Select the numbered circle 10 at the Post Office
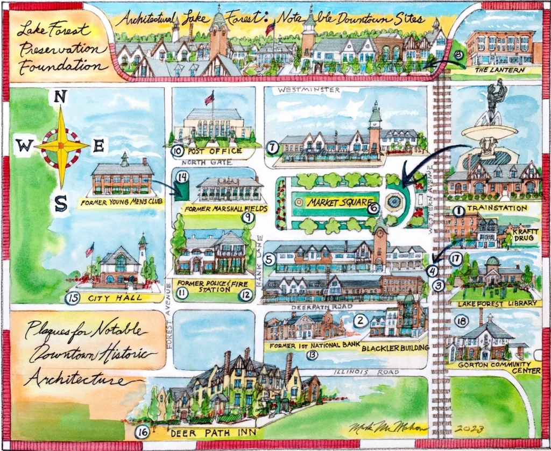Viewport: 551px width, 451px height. (178, 152)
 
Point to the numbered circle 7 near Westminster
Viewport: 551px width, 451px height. (272, 146)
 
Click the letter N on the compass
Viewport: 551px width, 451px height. (61, 97)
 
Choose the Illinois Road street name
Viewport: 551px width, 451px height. (365, 372)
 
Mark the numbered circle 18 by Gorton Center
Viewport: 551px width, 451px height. (461, 321)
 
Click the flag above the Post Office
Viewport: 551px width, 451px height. (209, 98)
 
